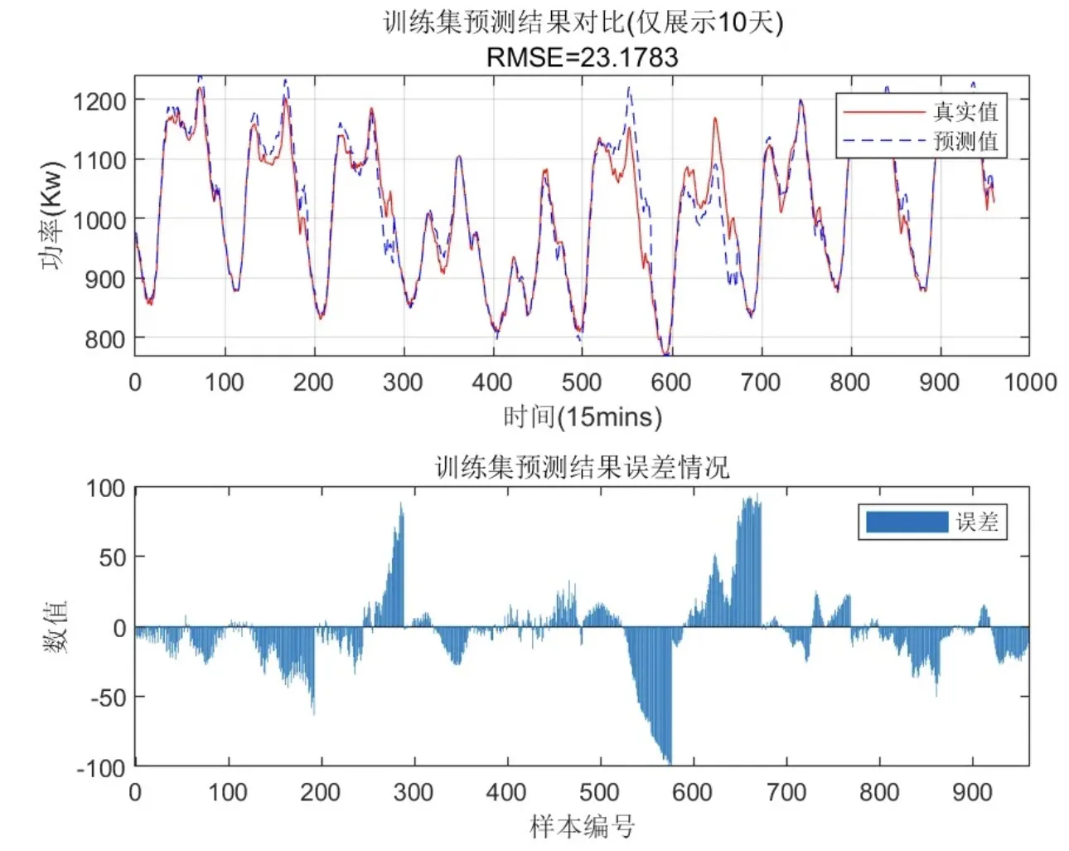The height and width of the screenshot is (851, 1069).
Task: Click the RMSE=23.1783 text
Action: click(582, 57)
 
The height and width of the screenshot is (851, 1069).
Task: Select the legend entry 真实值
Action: click(965, 111)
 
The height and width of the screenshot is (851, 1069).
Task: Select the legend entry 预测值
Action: click(965, 141)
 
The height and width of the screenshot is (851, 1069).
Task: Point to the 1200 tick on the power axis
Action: click(99, 101)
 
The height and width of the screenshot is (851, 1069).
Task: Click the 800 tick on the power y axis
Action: click(105, 338)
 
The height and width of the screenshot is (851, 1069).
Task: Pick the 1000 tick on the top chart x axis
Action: click(1030, 382)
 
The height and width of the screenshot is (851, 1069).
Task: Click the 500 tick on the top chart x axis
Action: click(582, 382)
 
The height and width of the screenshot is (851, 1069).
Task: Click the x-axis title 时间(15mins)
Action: click(582, 416)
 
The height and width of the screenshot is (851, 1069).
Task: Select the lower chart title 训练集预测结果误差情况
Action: click(582, 468)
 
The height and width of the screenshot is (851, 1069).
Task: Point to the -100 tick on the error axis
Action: click(101, 768)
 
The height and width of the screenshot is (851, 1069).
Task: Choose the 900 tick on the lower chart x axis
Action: click(972, 793)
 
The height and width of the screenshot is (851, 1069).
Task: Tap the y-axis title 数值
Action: click(55, 627)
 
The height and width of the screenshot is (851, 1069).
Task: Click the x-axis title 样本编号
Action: click(582, 827)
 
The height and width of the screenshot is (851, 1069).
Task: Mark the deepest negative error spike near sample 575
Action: click(669, 761)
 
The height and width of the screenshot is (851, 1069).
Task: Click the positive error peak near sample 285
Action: click(401, 504)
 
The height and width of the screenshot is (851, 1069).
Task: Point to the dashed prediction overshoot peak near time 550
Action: click(629, 88)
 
